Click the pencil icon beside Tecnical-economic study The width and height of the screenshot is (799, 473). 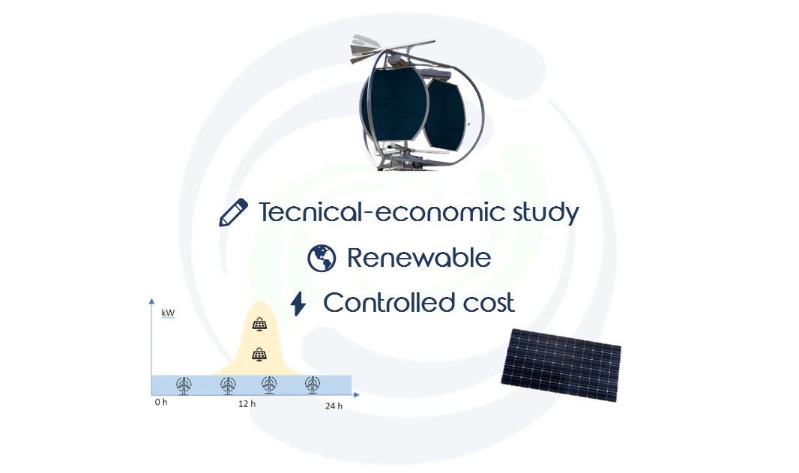[233, 212]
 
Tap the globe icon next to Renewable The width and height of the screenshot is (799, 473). [322, 258]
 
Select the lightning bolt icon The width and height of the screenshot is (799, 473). [298, 304]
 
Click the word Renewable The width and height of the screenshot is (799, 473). [419, 258]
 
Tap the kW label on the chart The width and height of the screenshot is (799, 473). [168, 313]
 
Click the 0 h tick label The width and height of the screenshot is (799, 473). [161, 402]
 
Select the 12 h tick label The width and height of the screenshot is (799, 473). [247, 404]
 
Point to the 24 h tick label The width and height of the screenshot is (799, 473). [334, 406]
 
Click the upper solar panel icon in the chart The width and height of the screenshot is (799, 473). [259, 324]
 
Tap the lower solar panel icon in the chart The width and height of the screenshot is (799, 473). [259, 354]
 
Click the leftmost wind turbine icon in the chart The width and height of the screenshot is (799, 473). [184, 385]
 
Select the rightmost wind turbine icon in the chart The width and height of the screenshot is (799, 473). [313, 385]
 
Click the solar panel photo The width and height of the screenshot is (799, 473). [561, 364]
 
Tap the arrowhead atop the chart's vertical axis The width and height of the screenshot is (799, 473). [151, 301]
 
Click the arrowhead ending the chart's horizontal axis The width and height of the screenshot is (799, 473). [356, 394]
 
